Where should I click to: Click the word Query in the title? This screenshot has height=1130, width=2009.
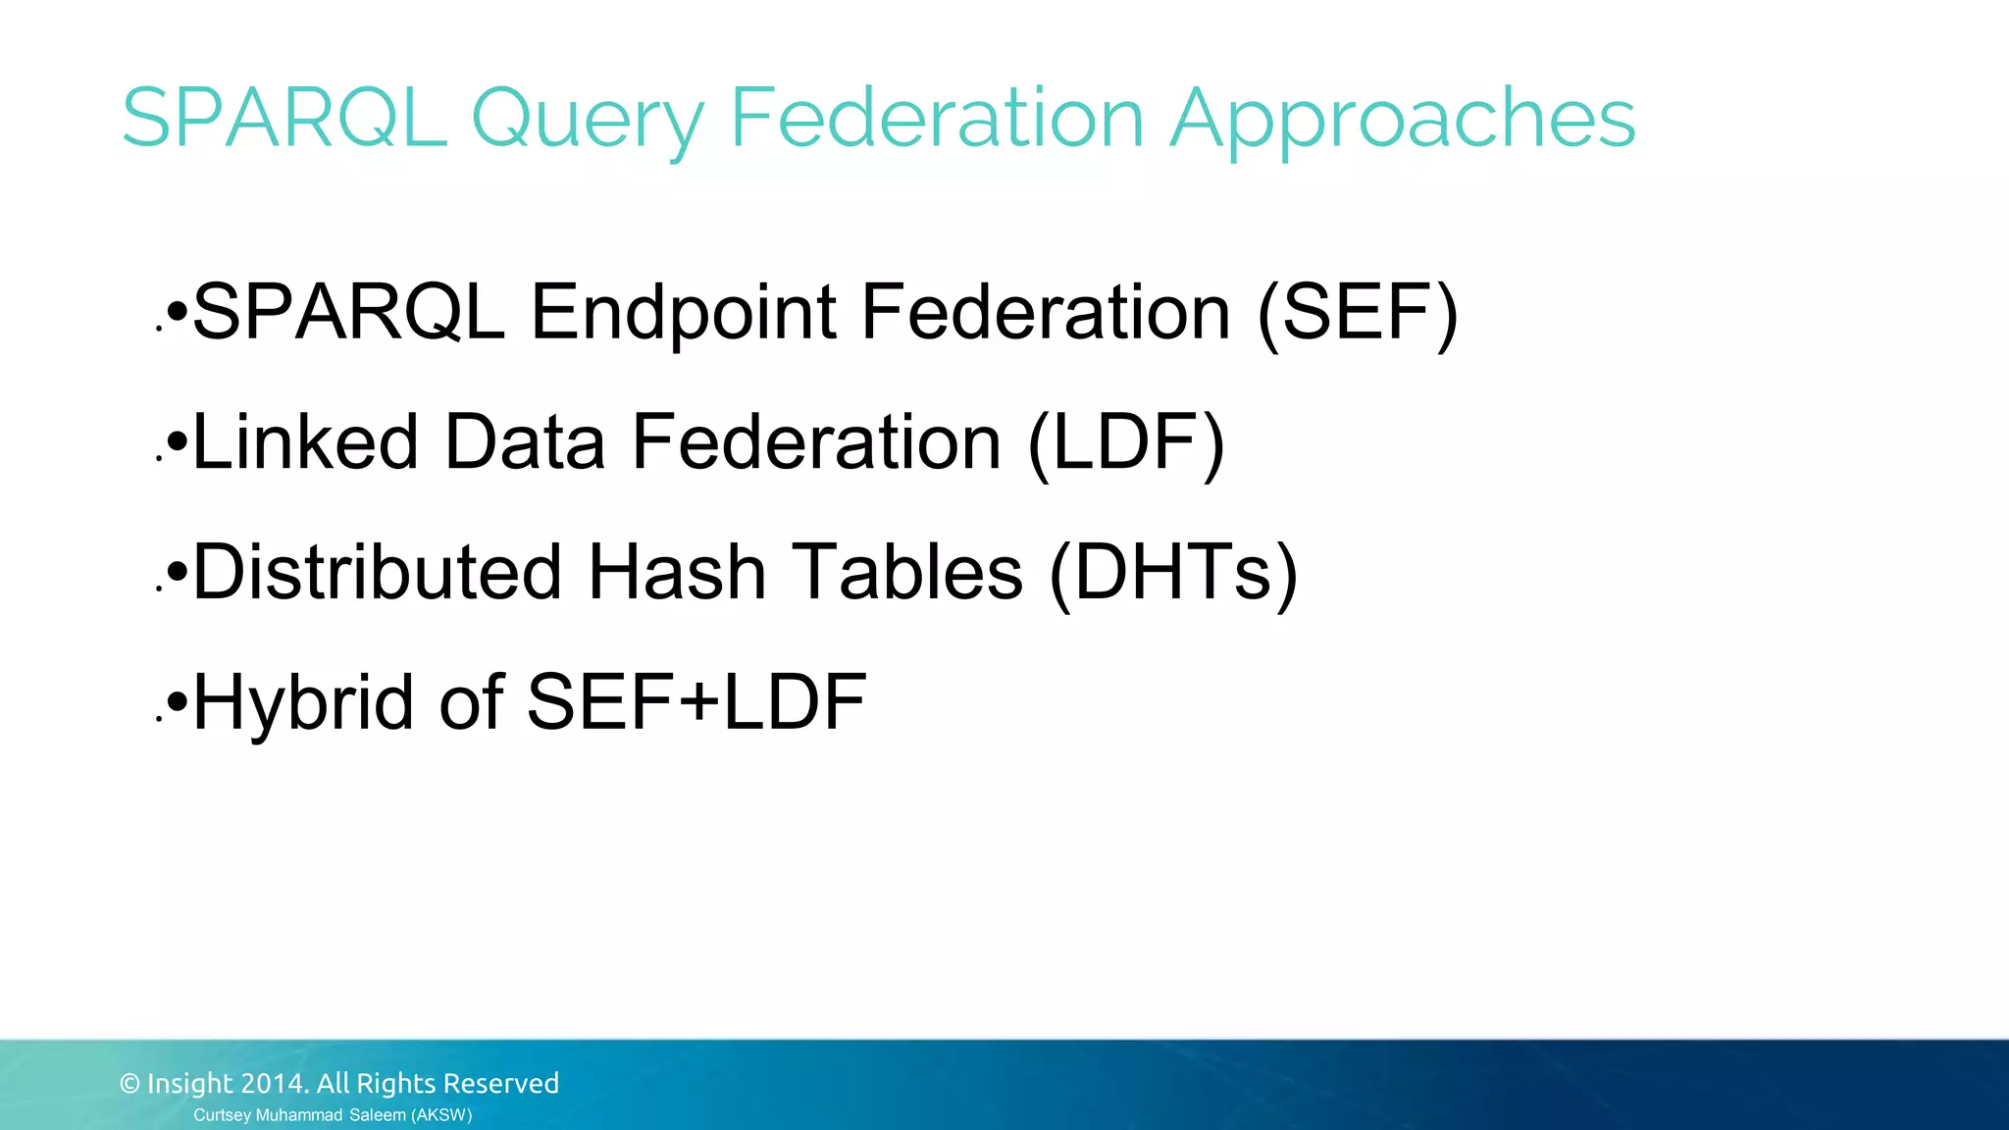click(x=587, y=120)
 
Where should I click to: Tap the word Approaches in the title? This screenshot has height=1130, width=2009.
click(x=1403, y=120)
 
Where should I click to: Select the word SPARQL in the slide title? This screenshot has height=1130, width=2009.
click(x=283, y=118)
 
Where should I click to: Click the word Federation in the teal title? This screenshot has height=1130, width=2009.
click(x=937, y=118)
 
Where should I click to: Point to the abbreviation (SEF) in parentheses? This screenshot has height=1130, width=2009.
click(x=1358, y=313)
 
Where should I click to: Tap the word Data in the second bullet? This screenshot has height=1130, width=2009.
click(x=524, y=442)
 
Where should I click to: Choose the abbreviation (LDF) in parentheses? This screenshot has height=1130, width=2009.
click(x=1127, y=442)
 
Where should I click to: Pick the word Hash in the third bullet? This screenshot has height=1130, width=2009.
click(x=676, y=573)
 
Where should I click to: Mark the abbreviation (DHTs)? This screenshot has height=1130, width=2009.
click(x=1173, y=573)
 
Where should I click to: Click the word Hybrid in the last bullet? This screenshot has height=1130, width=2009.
click(x=303, y=703)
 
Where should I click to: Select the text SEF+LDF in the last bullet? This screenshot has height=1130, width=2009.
click(x=696, y=702)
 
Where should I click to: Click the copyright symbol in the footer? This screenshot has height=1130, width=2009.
click(x=129, y=1084)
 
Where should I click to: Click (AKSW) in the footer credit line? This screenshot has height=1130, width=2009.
click(x=441, y=1115)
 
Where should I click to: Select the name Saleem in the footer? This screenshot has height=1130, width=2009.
click(x=378, y=1115)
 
